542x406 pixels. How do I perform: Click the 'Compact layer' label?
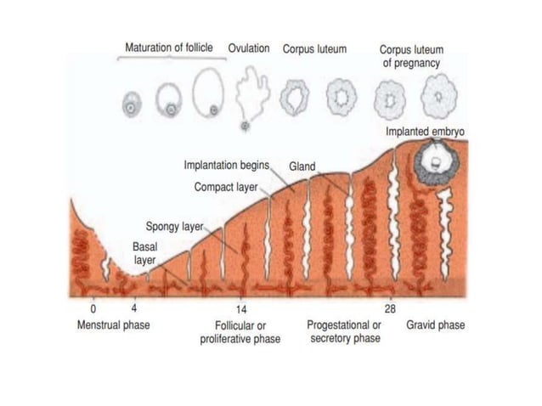click(x=225, y=186)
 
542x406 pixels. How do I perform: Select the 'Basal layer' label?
click(x=145, y=253)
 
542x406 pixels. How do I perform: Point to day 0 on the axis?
click(x=93, y=308)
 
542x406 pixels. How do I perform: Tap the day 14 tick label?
click(x=241, y=308)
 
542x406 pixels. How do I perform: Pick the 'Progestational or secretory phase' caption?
click(x=343, y=332)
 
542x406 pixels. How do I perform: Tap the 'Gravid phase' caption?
click(x=436, y=325)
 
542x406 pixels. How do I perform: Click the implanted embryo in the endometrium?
click(x=435, y=161)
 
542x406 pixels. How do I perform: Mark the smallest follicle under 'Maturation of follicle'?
click(x=131, y=105)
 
